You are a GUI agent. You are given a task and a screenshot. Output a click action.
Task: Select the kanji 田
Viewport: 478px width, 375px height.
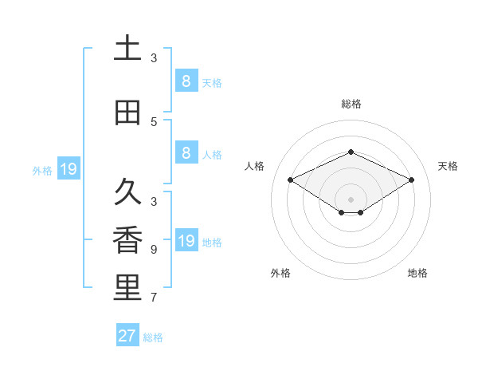127,112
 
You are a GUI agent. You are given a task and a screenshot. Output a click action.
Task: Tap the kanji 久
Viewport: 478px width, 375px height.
127,192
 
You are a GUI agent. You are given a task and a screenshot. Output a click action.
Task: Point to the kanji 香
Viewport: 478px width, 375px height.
127,242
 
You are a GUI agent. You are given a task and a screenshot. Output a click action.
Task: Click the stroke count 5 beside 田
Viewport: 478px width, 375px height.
154,122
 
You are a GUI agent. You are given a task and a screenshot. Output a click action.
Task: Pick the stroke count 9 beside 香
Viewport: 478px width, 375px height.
154,250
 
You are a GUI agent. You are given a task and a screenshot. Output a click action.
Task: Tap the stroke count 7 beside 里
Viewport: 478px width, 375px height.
154,298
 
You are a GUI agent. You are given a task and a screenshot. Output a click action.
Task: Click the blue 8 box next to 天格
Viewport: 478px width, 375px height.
186,81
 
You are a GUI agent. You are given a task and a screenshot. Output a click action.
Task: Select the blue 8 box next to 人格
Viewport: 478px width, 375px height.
186,153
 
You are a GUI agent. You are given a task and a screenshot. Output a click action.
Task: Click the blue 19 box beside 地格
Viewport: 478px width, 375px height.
186,241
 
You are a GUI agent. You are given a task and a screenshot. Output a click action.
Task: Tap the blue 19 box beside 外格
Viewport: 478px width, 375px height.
69,169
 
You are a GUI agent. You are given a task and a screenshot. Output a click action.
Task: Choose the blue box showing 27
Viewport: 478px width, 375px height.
127,336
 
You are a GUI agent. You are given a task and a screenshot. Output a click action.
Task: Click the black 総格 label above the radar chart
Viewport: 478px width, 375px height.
351,104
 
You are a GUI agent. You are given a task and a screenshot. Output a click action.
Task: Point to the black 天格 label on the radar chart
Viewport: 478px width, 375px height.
448,166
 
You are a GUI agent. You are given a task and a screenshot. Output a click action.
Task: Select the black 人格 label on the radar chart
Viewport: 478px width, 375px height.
254,166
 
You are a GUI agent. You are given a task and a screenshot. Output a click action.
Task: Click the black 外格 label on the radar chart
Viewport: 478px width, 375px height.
280,273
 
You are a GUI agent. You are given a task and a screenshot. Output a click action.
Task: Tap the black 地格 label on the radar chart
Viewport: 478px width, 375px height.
417,273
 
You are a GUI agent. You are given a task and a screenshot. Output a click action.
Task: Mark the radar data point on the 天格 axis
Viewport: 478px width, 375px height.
411,180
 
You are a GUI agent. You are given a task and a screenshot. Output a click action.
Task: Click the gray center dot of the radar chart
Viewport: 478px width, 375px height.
351,199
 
